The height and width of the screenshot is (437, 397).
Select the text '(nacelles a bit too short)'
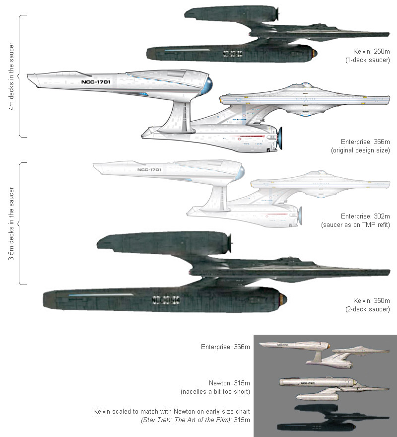click(x=215, y=392)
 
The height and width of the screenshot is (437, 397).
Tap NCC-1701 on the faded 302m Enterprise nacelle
click(x=149, y=170)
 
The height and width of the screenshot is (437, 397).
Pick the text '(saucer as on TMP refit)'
click(x=358, y=225)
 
